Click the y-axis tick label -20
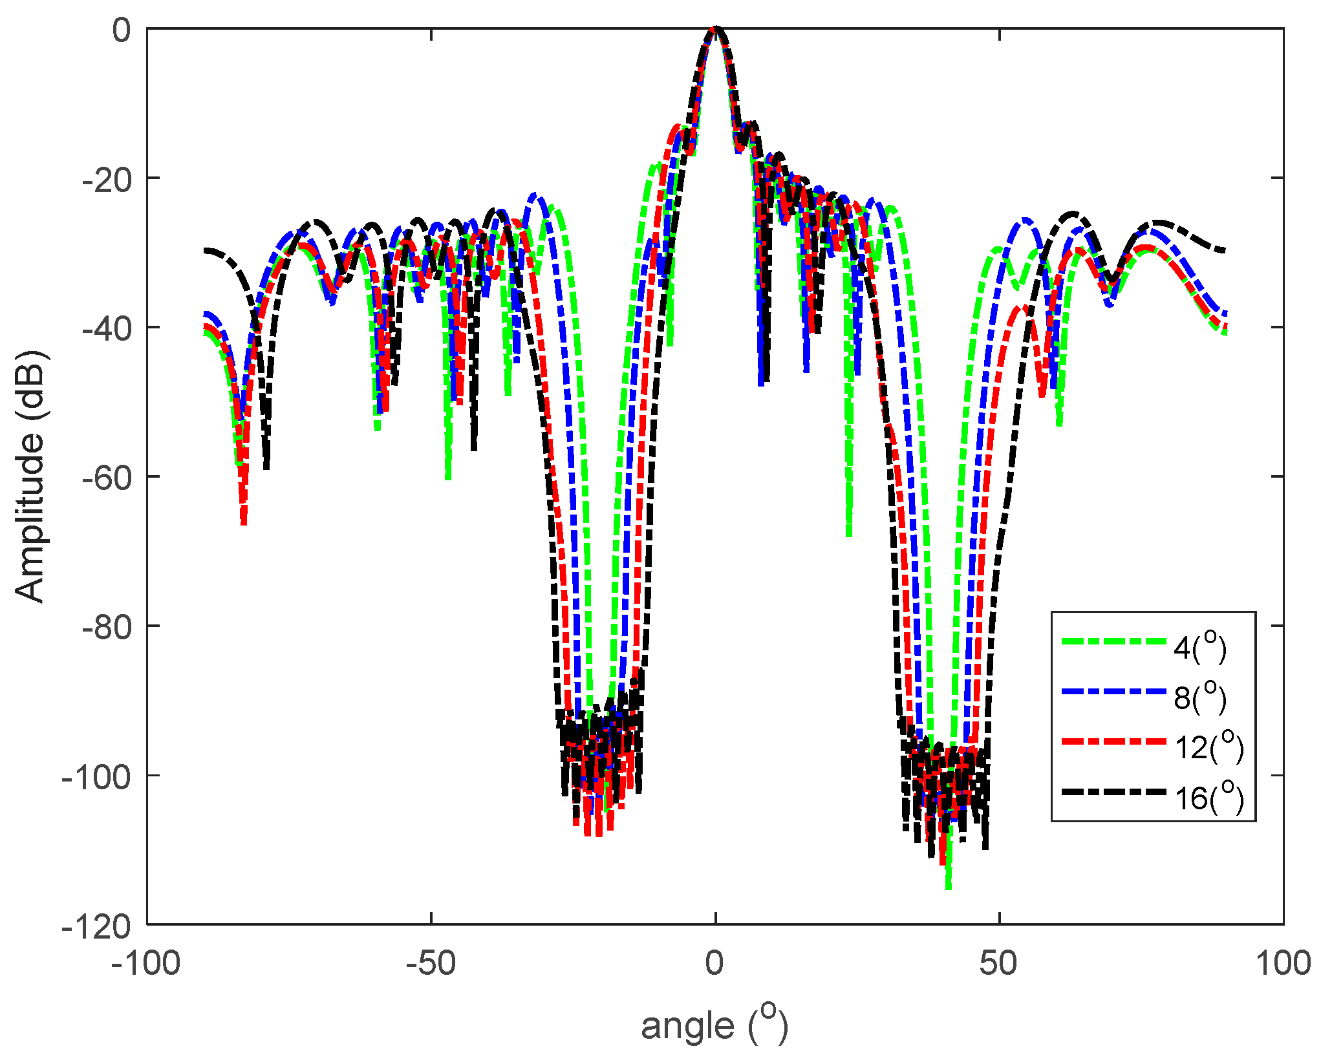tap(106, 179)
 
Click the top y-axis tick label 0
tap(122, 30)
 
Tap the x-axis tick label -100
tap(146, 964)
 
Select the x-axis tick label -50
tap(431, 964)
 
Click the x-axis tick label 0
tap(714, 964)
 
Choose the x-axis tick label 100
tap(1283, 964)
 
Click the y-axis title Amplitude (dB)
tap(30, 476)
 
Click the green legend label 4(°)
tap(1200, 647)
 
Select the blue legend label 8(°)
tap(1200, 697)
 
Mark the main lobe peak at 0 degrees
tap(715, 30)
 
